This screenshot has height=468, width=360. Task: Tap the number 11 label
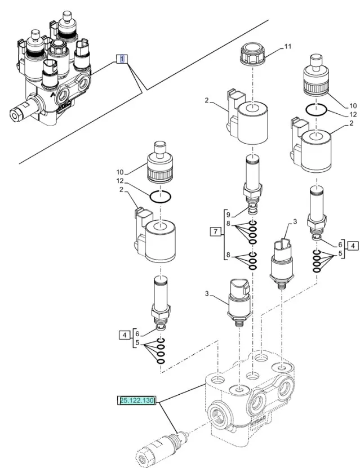pos(287,47)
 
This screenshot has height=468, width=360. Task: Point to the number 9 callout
pos(229,214)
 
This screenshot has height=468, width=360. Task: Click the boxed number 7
pos(214,231)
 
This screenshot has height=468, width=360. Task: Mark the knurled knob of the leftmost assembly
pos(161,166)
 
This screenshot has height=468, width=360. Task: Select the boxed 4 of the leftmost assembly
pos(124,335)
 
